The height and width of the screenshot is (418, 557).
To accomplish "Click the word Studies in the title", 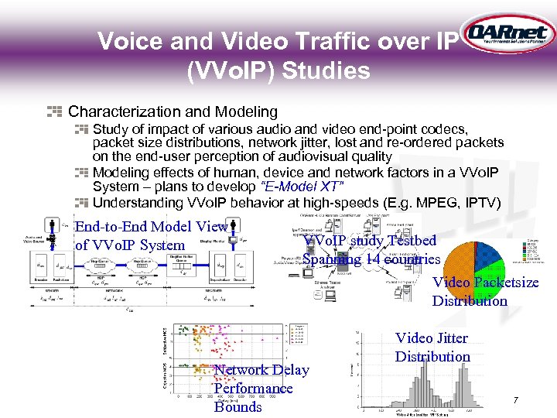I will (x=326, y=71).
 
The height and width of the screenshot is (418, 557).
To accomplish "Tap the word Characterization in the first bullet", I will (x=124, y=112).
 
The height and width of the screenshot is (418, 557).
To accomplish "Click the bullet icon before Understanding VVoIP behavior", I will (x=80, y=203).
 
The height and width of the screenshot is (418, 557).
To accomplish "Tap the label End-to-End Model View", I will (x=151, y=227).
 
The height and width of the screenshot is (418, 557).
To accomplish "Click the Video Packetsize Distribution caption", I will (x=485, y=292).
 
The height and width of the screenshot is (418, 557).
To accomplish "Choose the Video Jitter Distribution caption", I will (x=432, y=347).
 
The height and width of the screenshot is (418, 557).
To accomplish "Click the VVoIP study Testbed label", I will (x=371, y=241).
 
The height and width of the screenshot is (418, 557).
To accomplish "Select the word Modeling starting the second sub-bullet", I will (x=120, y=173).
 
